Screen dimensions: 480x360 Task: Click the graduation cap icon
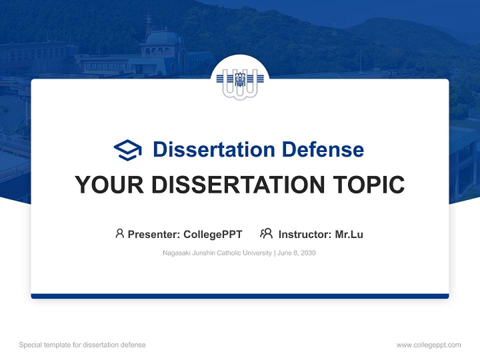[x=128, y=150]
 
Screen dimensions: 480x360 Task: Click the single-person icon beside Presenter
[x=119, y=233]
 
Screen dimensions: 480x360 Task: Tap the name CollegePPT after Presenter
[x=213, y=234]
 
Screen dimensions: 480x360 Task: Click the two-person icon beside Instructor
[x=266, y=233]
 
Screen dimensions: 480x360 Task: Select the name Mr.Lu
[x=349, y=234]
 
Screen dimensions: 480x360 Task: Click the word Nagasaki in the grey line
[x=175, y=253]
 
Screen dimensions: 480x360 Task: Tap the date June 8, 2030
[x=296, y=253]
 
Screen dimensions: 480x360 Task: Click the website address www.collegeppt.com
[x=428, y=345]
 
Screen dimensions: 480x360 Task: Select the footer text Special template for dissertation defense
[x=82, y=345]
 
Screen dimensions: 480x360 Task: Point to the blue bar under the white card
[x=240, y=296]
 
